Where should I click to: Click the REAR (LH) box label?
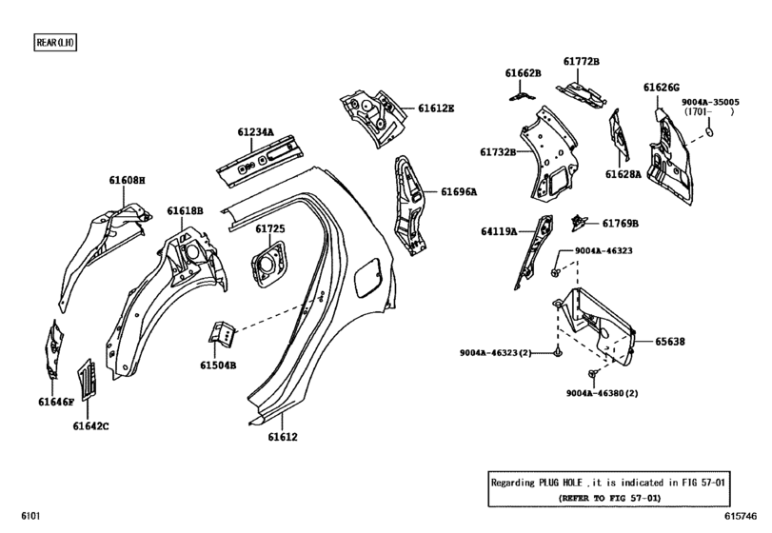[54, 43]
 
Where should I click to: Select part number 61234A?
[255, 132]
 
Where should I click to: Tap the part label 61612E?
[436, 109]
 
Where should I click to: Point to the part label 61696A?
[459, 191]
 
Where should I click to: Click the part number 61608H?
[127, 180]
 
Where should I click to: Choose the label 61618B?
[186, 210]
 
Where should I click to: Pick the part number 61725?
[269, 228]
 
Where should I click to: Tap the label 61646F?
[56, 403]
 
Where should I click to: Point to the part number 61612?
[282, 437]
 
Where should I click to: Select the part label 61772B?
[581, 62]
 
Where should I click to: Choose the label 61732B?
[498, 151]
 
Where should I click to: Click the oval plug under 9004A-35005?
[709, 133]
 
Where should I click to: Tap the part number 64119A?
[499, 231]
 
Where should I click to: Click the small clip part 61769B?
[577, 223]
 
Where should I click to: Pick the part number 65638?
[669, 341]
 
